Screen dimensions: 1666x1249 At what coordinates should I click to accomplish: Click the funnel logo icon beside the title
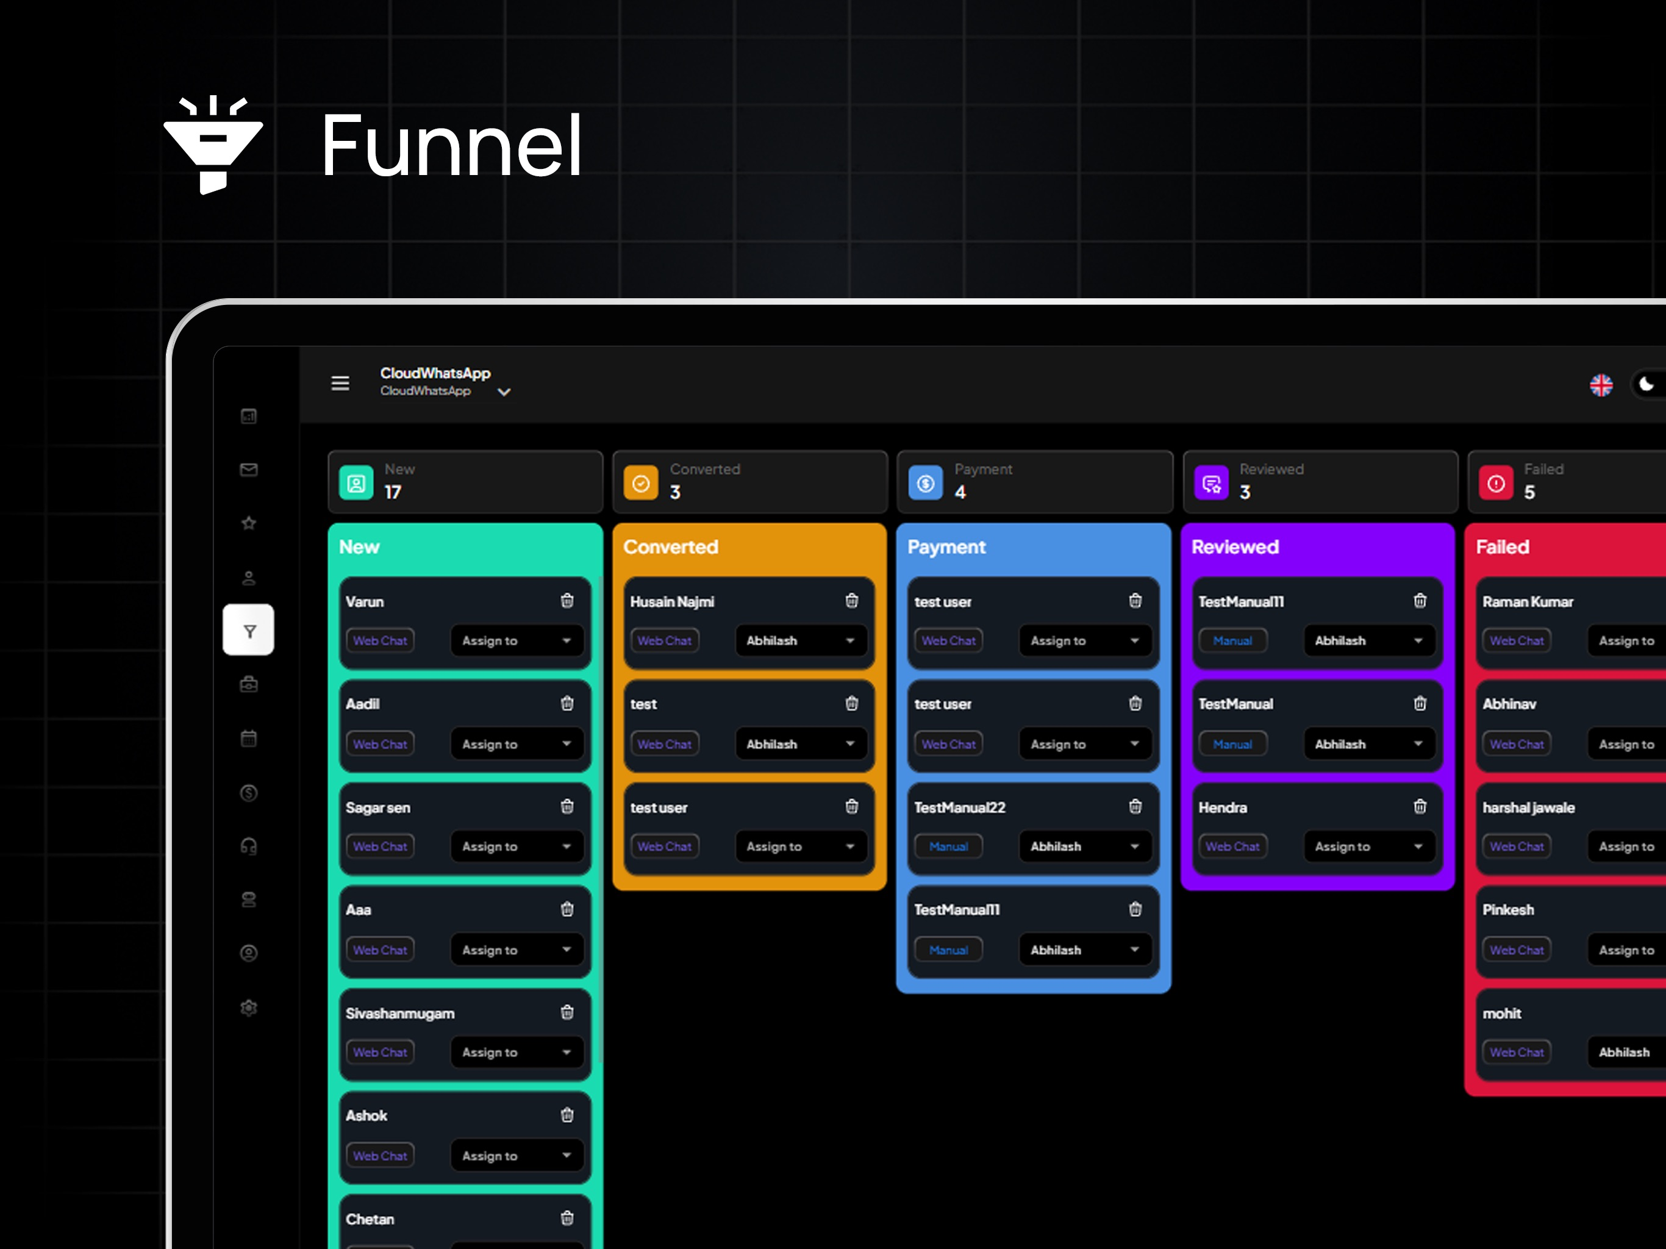[x=213, y=145]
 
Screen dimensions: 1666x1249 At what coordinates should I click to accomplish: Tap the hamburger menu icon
[x=340, y=384]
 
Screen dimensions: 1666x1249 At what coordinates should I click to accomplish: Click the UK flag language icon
[x=1601, y=385]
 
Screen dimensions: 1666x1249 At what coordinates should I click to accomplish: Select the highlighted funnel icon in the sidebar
[x=249, y=631]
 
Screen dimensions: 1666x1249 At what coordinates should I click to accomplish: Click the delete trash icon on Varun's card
[x=567, y=600]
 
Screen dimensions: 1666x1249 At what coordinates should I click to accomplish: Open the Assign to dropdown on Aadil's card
[x=517, y=743]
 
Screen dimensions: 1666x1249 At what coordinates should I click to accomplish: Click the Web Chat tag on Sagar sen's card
[x=381, y=846]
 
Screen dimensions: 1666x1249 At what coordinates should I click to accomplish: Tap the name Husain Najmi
[x=672, y=602]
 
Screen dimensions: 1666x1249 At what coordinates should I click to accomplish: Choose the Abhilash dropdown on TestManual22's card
[x=1085, y=846]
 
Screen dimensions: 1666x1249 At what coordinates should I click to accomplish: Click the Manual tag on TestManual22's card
[x=948, y=846]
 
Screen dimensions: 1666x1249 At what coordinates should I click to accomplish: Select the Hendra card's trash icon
[x=1420, y=807]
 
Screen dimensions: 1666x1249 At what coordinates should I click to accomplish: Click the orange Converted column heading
[x=670, y=547]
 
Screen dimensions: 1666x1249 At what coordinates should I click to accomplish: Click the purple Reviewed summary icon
[x=1212, y=483]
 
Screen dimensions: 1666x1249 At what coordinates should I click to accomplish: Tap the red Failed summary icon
[x=1496, y=483]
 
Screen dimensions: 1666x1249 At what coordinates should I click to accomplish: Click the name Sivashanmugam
[x=400, y=1013]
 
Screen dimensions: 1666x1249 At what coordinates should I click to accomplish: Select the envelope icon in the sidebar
[x=249, y=470]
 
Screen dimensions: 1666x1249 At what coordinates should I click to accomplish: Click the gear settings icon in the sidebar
[x=249, y=1007]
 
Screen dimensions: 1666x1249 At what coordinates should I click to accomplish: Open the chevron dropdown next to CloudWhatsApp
[x=504, y=392]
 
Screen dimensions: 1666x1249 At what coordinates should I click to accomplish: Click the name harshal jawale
[x=1528, y=807]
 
